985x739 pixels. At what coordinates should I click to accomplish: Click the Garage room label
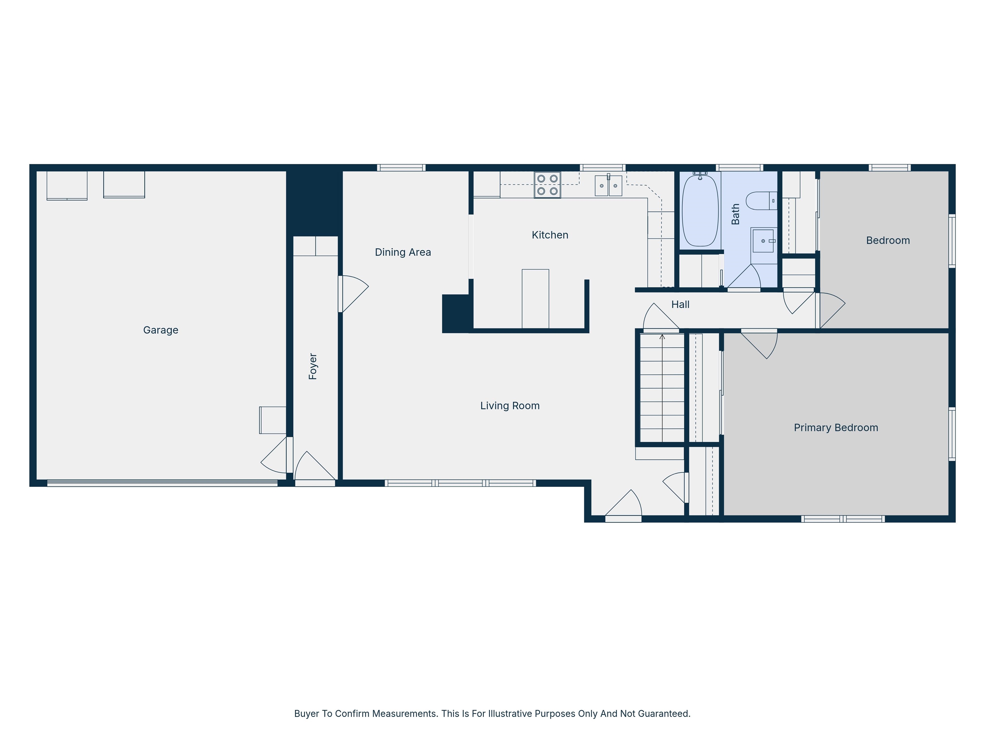click(161, 330)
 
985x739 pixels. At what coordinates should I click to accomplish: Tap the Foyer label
click(313, 366)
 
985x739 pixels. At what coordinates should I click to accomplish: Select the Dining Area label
click(403, 252)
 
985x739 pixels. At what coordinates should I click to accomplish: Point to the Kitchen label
click(550, 235)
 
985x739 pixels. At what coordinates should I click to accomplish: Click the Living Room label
click(510, 406)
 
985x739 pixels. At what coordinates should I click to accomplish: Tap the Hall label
click(680, 304)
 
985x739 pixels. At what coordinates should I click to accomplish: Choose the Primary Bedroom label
click(836, 428)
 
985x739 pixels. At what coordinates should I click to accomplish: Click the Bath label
click(736, 214)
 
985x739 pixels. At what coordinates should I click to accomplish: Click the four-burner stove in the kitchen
click(547, 185)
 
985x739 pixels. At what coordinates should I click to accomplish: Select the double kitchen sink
click(608, 185)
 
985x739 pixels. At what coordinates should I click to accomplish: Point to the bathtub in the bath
click(701, 210)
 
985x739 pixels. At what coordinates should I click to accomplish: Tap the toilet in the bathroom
click(762, 201)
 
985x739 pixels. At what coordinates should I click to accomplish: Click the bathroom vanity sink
click(763, 241)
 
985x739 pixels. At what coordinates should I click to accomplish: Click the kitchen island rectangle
click(535, 298)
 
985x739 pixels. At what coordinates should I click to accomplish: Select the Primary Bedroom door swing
click(760, 344)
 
